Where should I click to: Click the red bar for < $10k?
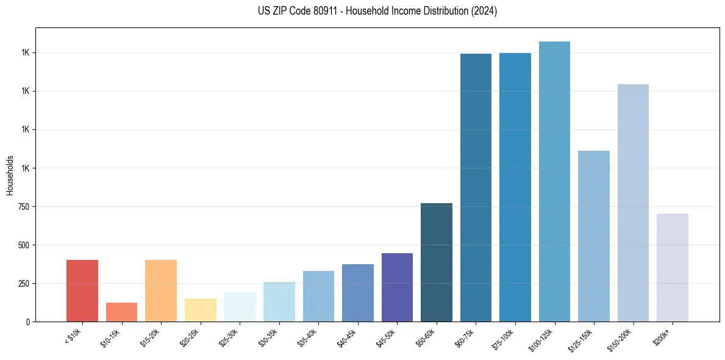click(x=82, y=290)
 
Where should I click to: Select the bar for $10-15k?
click(x=121, y=312)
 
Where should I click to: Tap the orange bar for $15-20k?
click(x=161, y=290)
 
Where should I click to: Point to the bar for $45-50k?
click(x=397, y=287)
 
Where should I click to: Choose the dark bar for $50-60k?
click(x=437, y=262)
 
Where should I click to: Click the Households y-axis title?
click(x=10, y=175)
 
